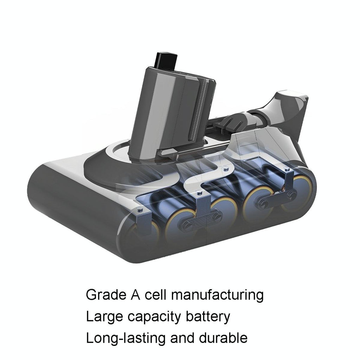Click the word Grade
tap(105, 295)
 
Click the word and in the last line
tap(181, 338)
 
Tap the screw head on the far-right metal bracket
tap(287, 170)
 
